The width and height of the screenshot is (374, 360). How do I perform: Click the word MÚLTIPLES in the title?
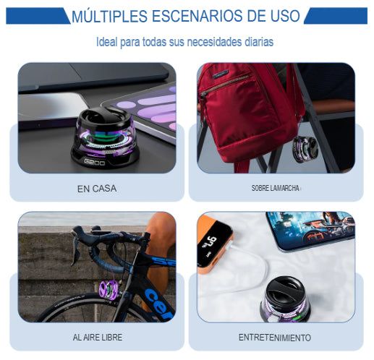(x=109, y=16)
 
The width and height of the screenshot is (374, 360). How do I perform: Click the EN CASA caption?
(x=97, y=189)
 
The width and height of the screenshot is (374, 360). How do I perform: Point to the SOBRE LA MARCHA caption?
(x=276, y=188)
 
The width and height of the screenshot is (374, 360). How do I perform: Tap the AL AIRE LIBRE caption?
(x=98, y=337)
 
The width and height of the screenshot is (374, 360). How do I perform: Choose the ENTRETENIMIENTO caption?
(x=275, y=338)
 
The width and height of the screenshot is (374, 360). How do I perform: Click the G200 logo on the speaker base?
(x=94, y=161)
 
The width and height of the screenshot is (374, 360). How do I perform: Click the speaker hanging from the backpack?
(x=305, y=149)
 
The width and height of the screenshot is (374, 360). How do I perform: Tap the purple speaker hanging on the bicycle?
(x=109, y=290)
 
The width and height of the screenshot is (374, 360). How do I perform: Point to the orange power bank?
(x=215, y=244)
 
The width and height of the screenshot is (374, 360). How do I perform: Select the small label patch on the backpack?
(x=221, y=74)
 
